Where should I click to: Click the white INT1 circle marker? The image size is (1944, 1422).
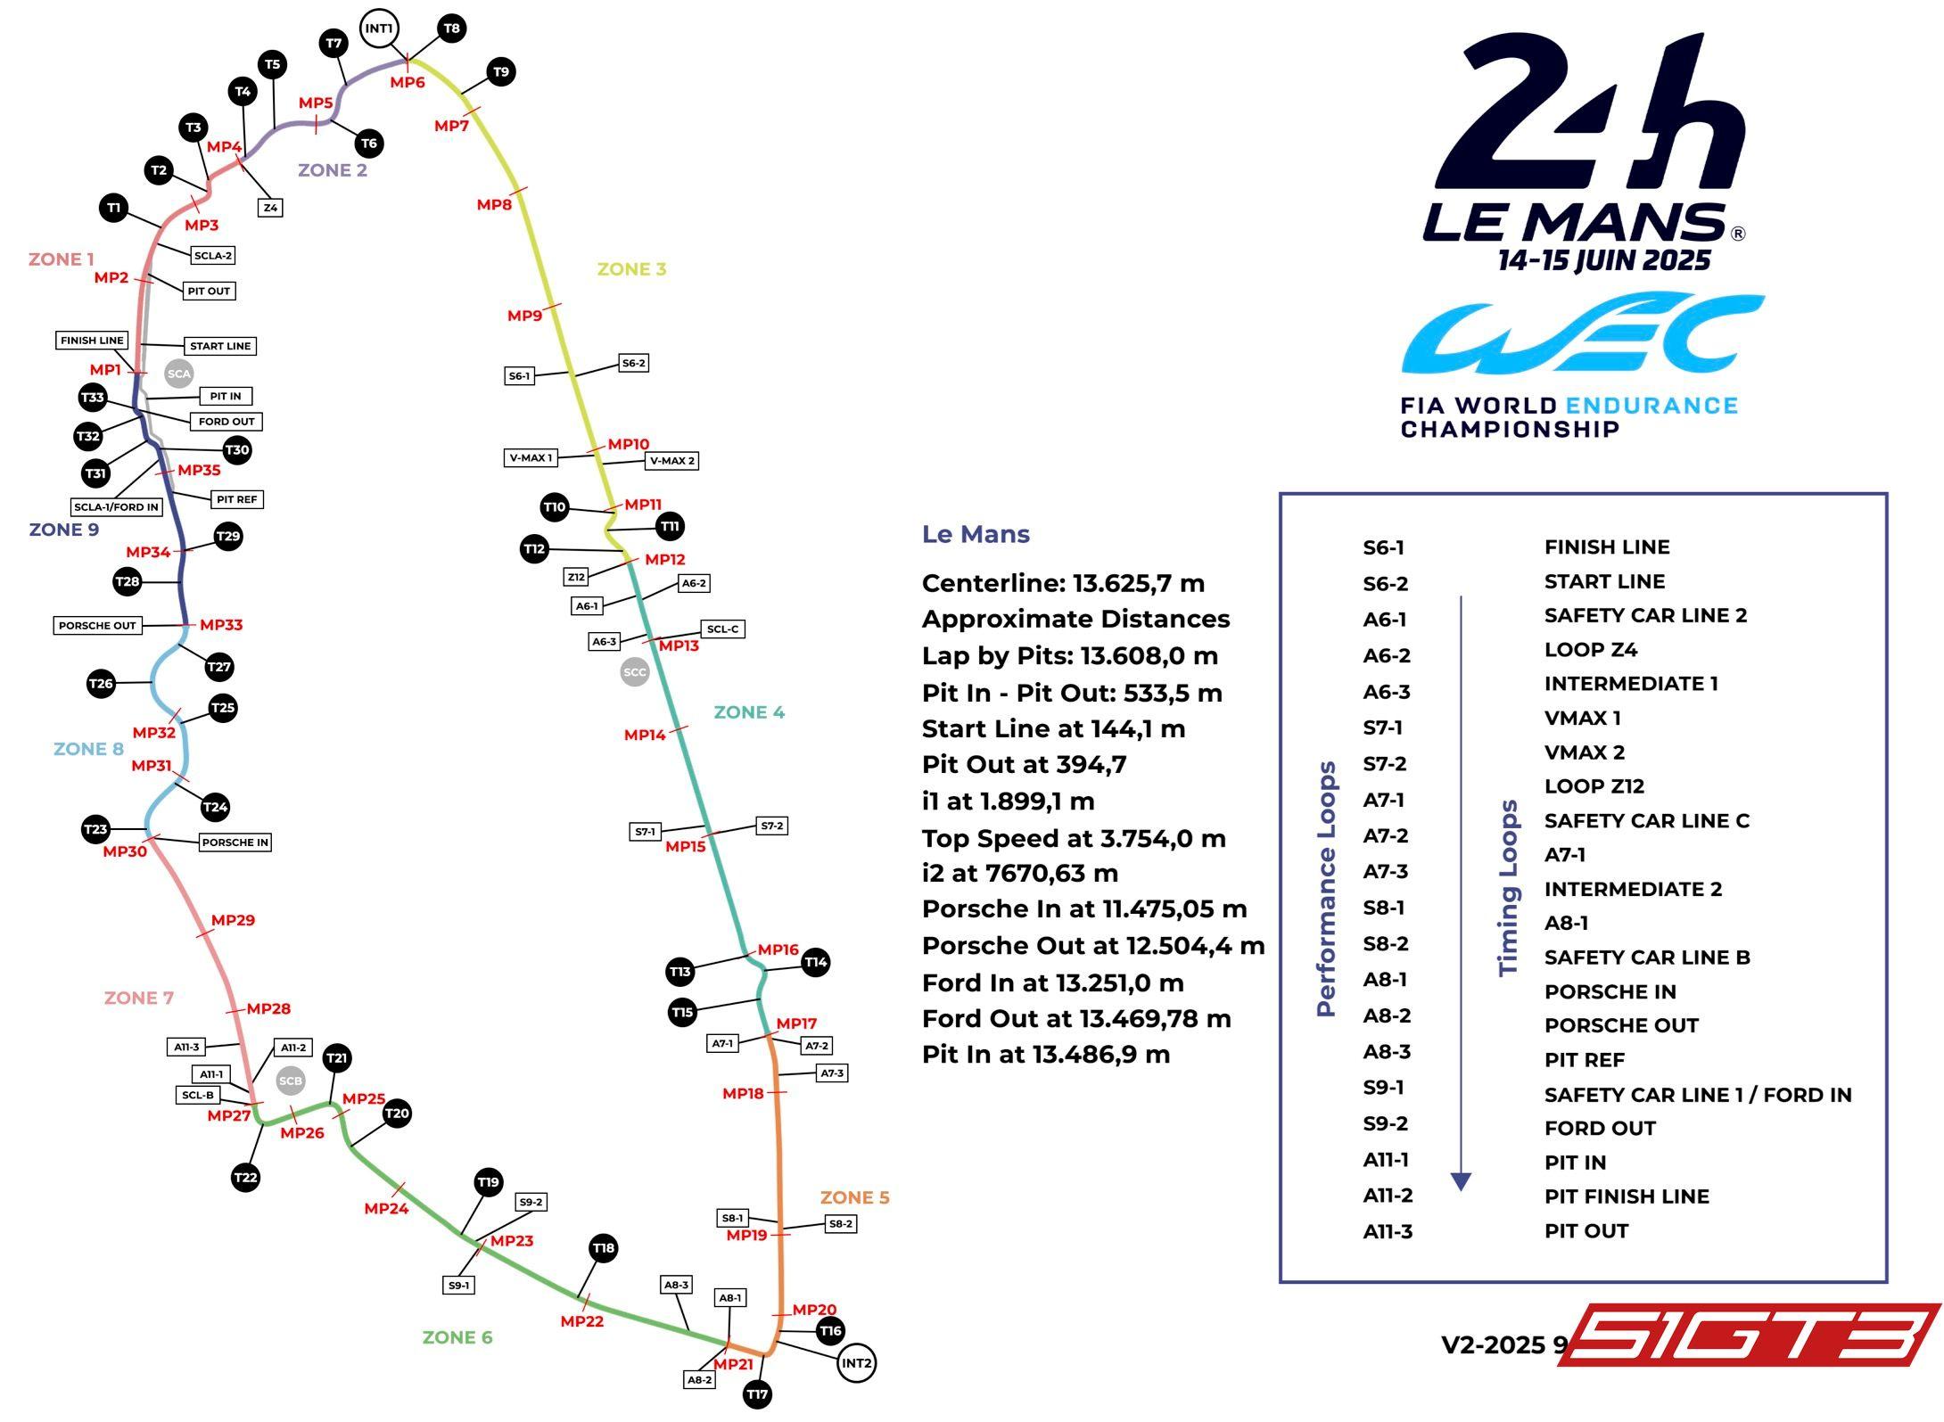point(378,29)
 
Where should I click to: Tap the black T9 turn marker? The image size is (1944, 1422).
point(501,72)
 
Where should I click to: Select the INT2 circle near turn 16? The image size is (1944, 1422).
point(856,1362)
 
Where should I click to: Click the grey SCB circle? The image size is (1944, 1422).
point(291,1081)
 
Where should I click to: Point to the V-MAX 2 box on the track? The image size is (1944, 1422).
point(671,461)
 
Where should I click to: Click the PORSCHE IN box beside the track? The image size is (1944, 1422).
point(235,843)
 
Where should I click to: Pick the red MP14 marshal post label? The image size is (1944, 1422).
point(645,736)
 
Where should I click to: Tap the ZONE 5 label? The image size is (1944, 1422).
point(854,1197)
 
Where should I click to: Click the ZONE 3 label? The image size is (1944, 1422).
point(631,269)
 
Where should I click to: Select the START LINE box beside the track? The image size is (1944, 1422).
point(220,346)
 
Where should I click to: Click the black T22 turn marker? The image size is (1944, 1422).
point(245,1178)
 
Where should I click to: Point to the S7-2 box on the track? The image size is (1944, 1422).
point(771,826)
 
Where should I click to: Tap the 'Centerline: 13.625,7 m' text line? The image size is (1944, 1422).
point(1063,584)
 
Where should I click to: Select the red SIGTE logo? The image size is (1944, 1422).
point(1752,1334)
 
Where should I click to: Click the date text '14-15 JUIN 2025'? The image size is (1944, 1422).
point(1604,261)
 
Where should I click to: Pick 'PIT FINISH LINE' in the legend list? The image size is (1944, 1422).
point(1627,1197)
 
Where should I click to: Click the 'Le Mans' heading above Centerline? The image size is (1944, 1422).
point(976,535)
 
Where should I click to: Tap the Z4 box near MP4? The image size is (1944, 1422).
point(270,208)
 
